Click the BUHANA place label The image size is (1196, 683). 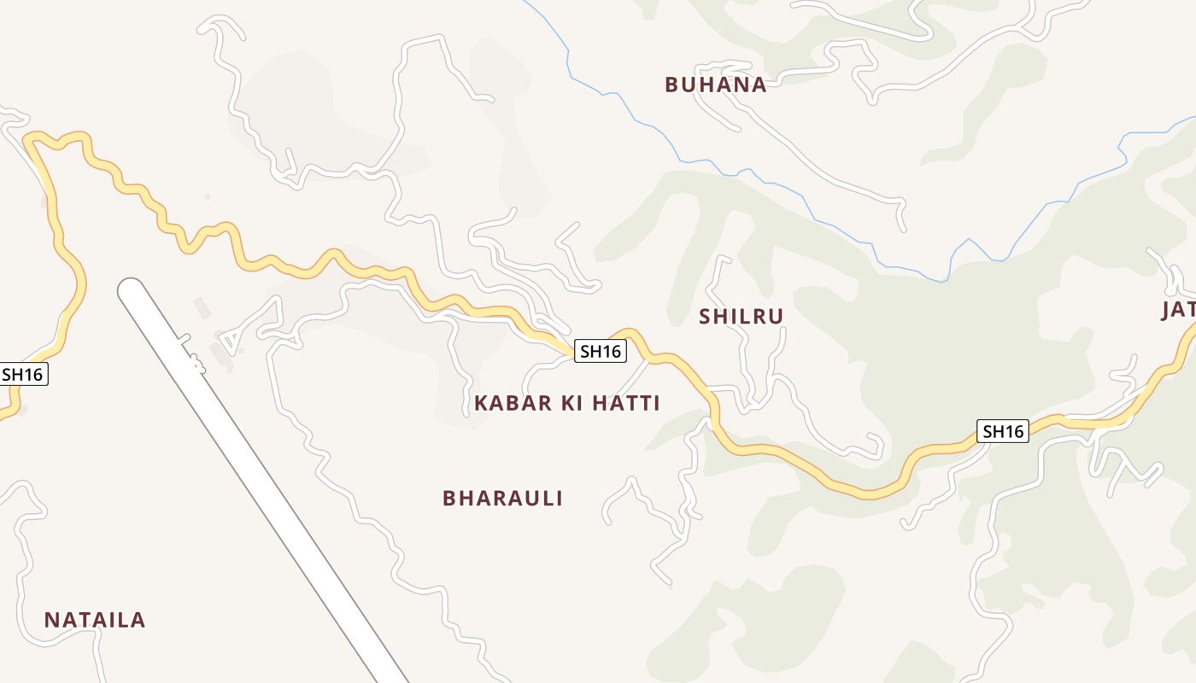coord(715,85)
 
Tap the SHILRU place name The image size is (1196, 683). coord(741,317)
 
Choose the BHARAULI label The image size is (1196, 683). coord(502,499)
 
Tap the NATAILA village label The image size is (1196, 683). coord(95,620)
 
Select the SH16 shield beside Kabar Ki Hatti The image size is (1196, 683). coord(601,351)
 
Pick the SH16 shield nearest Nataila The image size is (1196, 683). coord(23,374)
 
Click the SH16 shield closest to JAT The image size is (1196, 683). coord(1003,431)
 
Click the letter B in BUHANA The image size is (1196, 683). coord(671,85)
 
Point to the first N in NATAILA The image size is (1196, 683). coord(51,620)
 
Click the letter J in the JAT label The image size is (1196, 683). coord(1166,311)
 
